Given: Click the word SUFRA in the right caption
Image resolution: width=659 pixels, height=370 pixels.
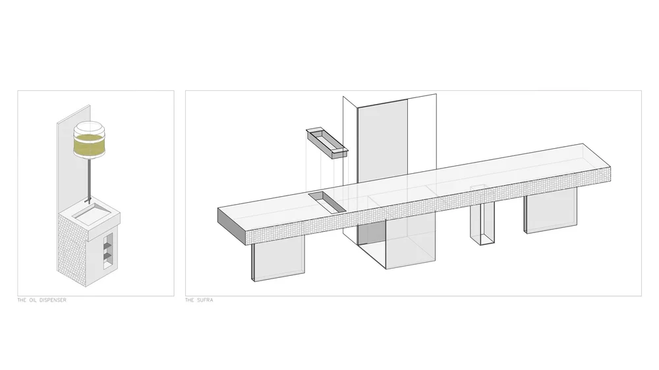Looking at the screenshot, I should point(204,300).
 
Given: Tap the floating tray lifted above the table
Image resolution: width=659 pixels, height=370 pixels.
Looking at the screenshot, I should point(328,143).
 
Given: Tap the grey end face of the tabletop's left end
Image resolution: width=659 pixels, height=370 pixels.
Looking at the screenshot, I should point(231,221).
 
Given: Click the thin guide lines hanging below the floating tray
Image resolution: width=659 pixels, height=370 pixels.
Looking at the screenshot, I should point(323,174).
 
